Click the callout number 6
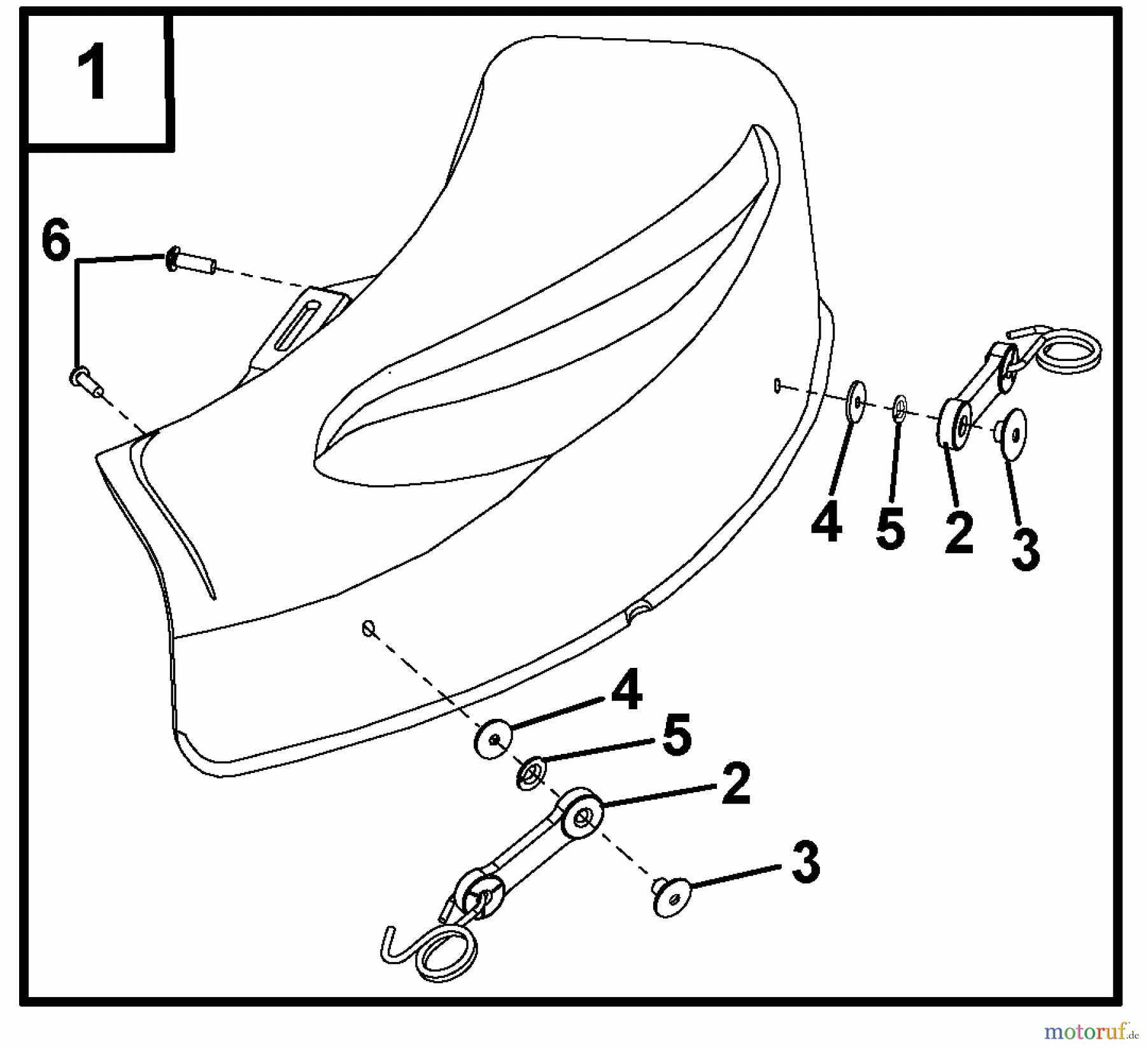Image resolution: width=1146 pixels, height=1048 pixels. click(55, 241)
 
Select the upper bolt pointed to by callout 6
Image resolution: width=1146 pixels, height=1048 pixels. click(191, 261)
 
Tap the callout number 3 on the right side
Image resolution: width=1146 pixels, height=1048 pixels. click(1026, 549)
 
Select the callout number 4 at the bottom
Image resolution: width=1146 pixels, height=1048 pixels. click(626, 689)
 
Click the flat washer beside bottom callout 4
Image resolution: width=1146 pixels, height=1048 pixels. click(494, 739)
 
